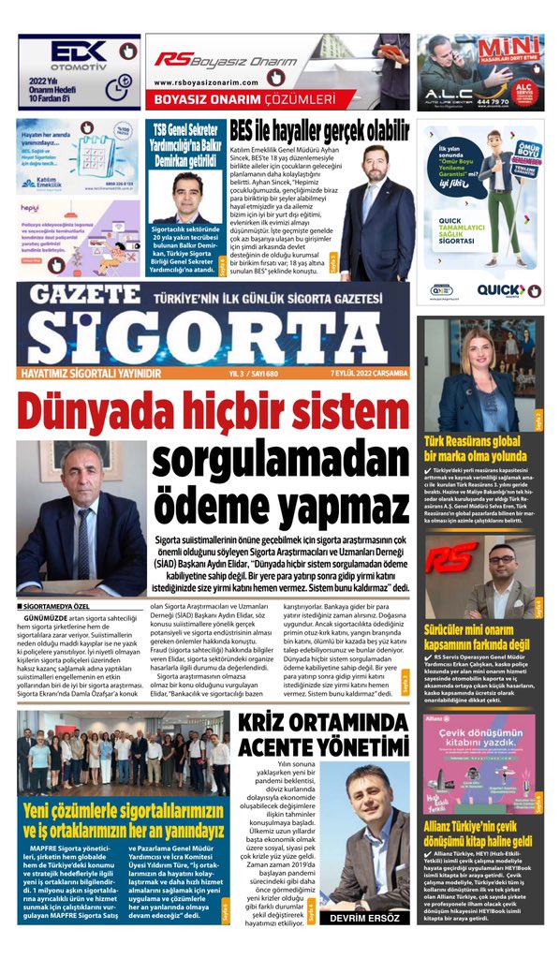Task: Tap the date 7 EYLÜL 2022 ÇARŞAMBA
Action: pyautogui.click(x=369, y=372)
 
